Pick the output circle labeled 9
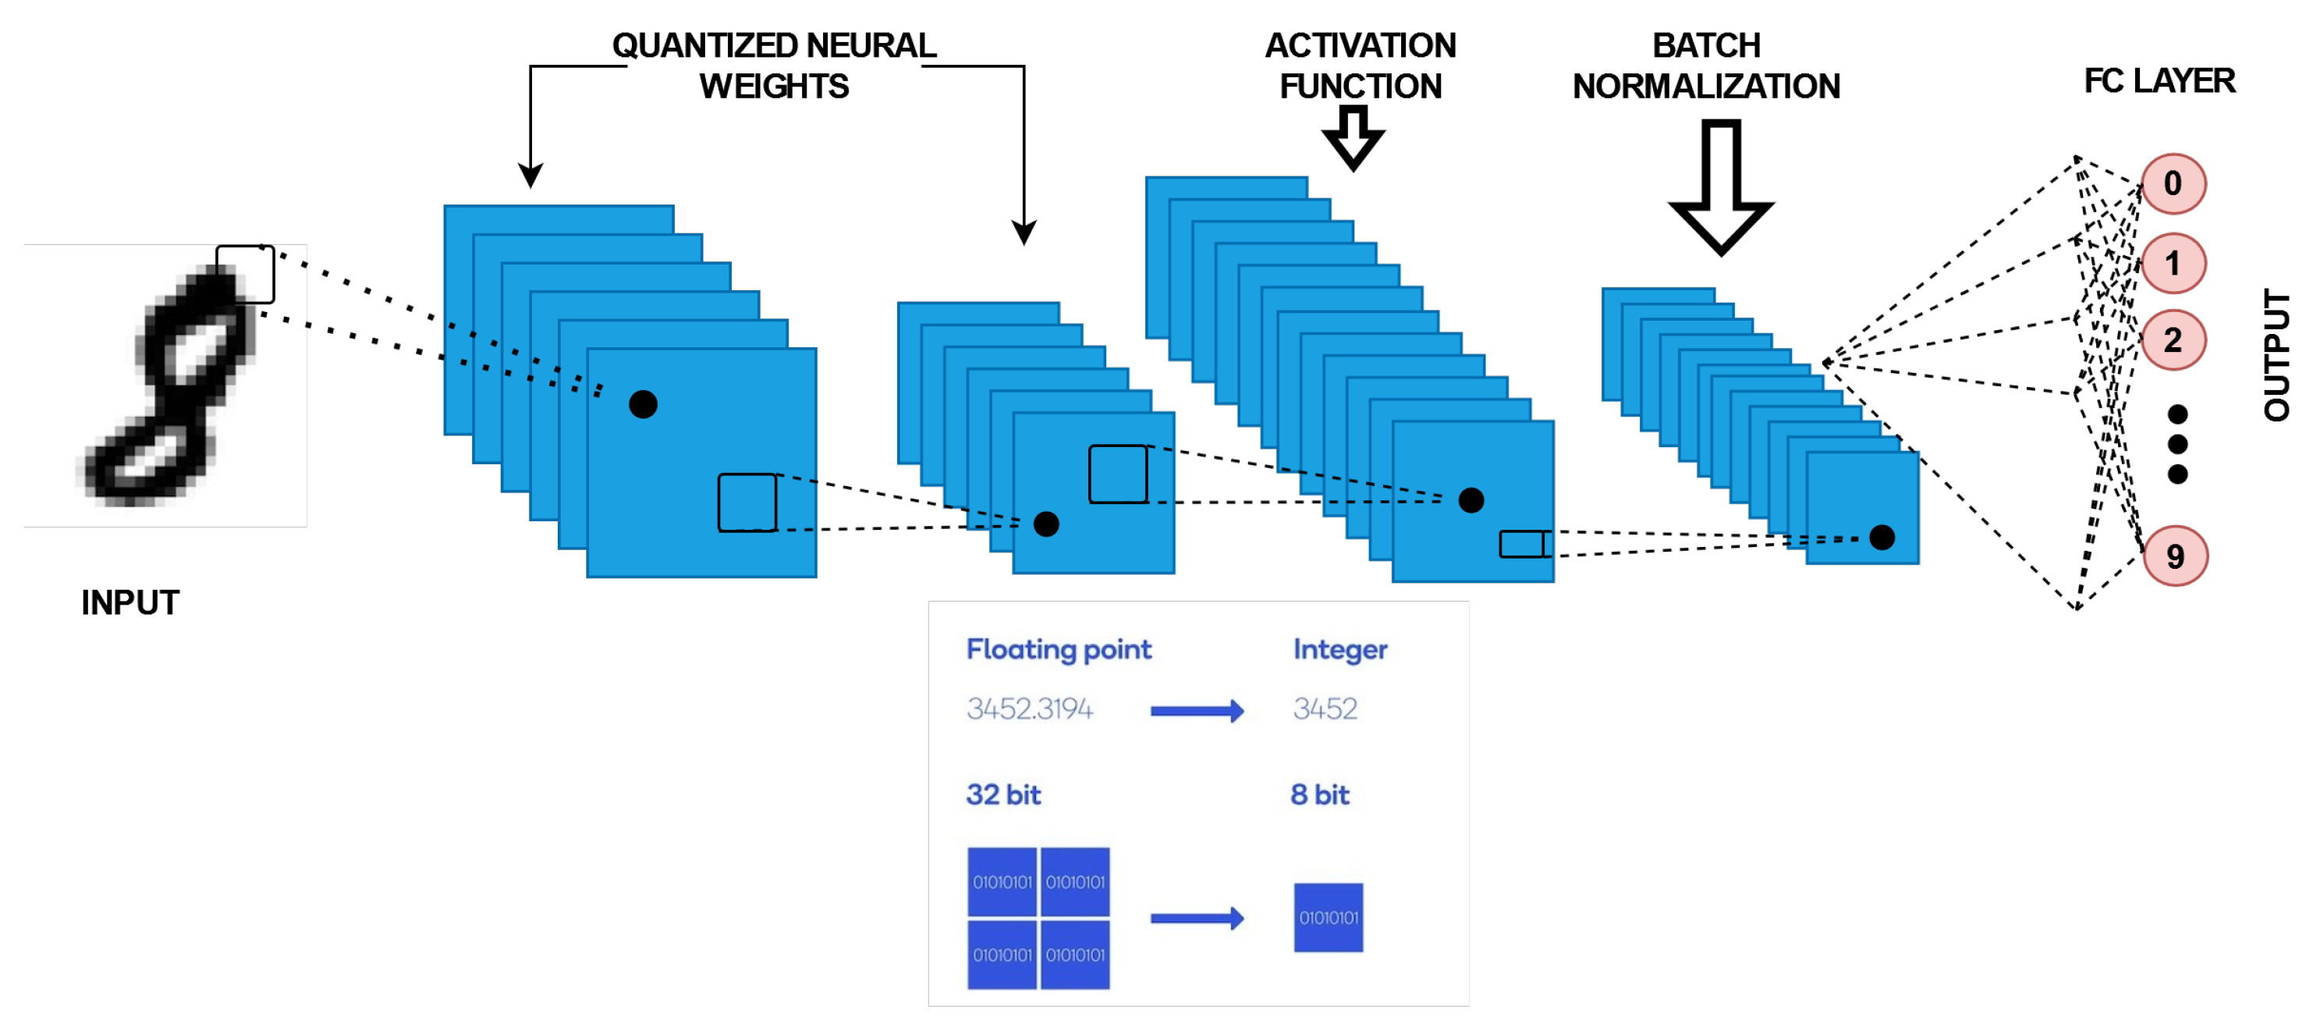(x=2175, y=556)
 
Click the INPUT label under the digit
(x=130, y=602)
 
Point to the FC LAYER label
(x=2159, y=81)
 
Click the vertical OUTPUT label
(x=2276, y=355)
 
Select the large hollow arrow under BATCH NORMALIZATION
(x=1720, y=186)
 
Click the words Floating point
(x=1059, y=649)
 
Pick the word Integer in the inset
(x=1339, y=650)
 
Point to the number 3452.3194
(x=1030, y=709)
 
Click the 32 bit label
(x=1003, y=794)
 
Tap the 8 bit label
(x=1320, y=794)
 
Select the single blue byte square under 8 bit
(x=1328, y=918)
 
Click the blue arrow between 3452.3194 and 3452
(x=1197, y=711)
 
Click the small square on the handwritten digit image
(x=245, y=274)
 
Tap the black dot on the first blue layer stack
(x=643, y=405)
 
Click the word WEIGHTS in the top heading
(x=774, y=86)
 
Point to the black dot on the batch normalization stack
(x=1882, y=538)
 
